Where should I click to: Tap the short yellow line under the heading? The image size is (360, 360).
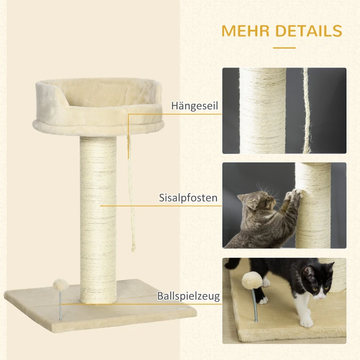pyautogui.click(x=284, y=47)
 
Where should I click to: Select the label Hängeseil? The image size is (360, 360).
pyautogui.click(x=194, y=106)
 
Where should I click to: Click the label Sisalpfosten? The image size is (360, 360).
pyautogui.click(x=188, y=197)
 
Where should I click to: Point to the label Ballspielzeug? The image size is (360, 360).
pyautogui.click(x=188, y=296)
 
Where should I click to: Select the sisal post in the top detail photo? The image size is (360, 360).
pyautogui.click(x=262, y=110)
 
